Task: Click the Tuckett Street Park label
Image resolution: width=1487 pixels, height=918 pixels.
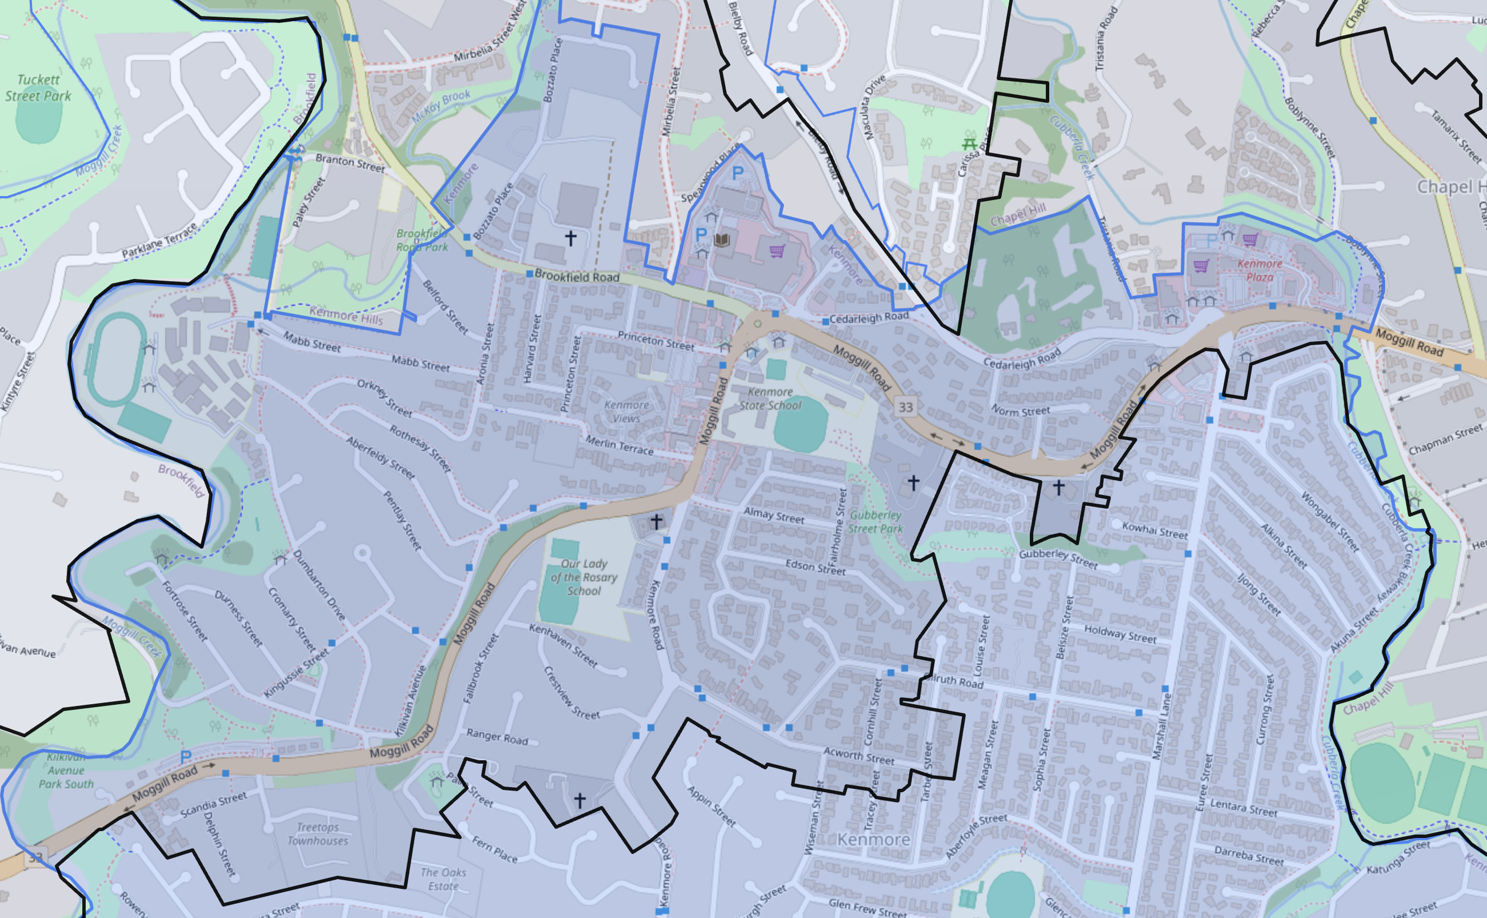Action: tap(38, 88)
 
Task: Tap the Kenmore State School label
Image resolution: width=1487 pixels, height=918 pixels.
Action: tap(770, 399)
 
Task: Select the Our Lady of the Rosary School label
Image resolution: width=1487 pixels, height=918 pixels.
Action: tap(583, 577)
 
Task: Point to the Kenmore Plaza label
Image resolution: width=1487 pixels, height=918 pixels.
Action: tap(1260, 270)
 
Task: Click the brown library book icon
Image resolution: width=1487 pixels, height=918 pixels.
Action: tap(722, 241)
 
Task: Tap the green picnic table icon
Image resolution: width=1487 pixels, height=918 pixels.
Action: tap(969, 144)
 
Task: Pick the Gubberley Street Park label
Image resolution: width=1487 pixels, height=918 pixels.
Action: tap(875, 521)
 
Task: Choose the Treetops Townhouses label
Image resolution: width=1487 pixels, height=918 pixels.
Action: tap(317, 833)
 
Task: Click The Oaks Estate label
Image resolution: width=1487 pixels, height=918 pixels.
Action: tap(443, 879)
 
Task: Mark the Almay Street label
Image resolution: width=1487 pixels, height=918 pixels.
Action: tap(774, 516)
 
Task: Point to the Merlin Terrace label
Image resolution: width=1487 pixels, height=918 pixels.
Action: tap(619, 446)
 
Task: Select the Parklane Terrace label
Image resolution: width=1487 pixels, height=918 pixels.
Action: tap(159, 241)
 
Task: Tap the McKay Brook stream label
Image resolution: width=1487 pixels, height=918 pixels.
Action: tap(441, 106)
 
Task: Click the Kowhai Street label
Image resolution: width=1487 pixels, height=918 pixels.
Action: tap(1154, 530)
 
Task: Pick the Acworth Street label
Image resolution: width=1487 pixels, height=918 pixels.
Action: tap(859, 755)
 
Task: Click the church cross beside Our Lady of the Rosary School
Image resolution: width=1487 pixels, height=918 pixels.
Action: tap(656, 521)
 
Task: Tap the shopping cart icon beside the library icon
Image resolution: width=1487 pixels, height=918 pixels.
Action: tap(777, 251)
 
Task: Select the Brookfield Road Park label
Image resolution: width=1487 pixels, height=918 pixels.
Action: tap(422, 240)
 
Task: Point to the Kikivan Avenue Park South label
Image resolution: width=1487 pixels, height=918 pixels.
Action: tap(66, 771)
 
